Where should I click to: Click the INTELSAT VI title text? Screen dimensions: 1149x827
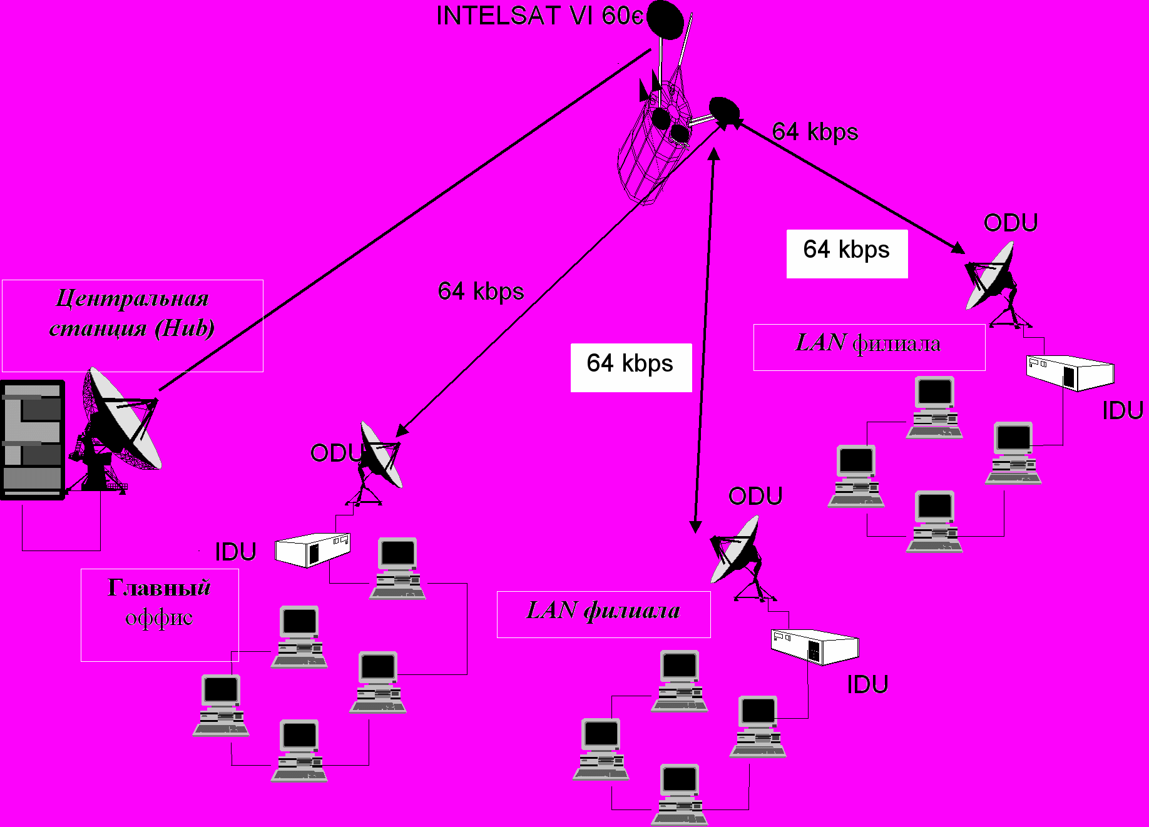[x=539, y=16]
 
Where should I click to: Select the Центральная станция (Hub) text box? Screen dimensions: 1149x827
[x=133, y=326]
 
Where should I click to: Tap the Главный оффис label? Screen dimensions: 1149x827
[x=160, y=602]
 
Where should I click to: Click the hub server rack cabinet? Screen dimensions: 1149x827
[x=33, y=440]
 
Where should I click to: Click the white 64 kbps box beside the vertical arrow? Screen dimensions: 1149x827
[x=631, y=368]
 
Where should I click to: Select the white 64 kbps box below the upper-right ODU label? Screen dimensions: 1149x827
[x=847, y=253]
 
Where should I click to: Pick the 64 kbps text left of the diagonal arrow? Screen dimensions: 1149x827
[x=481, y=292]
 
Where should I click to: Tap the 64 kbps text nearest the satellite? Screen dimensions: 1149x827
[x=815, y=132]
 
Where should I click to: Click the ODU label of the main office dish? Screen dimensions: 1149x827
[x=337, y=453]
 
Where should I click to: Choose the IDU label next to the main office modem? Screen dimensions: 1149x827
[x=236, y=552]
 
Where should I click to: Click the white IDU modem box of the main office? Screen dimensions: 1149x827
[x=312, y=550]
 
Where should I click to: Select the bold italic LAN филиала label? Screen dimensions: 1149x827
[x=603, y=610]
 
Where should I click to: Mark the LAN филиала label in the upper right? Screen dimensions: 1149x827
[x=869, y=343]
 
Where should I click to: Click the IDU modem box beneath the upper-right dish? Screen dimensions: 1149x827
[x=1070, y=373]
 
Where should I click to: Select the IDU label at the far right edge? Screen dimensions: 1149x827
[x=1123, y=410]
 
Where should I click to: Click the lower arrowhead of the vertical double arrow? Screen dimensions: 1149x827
[x=695, y=527]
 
